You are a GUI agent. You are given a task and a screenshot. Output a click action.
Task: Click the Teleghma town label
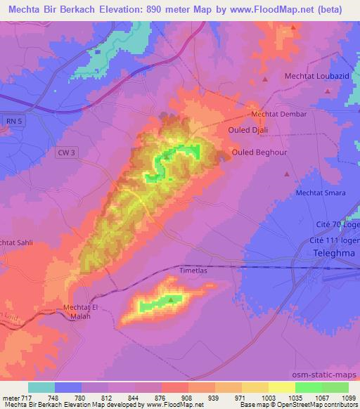335,252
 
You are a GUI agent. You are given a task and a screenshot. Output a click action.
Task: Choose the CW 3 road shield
64,150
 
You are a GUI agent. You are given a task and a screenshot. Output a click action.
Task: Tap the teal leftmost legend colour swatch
41,387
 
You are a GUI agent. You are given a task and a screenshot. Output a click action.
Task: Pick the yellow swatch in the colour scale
282,387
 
